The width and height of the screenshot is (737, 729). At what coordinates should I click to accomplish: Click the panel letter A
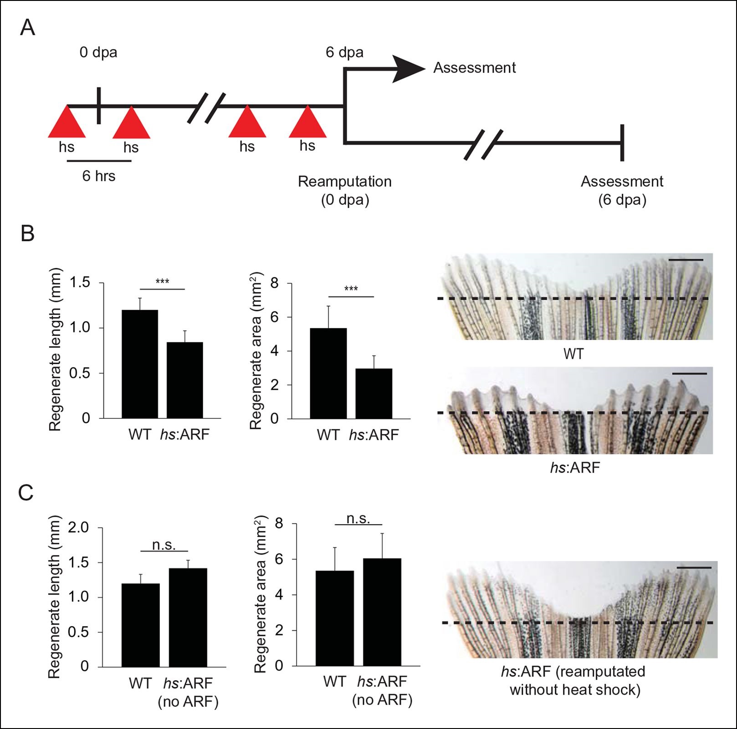click(28, 28)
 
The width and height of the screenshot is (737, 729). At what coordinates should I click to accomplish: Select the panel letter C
click(26, 493)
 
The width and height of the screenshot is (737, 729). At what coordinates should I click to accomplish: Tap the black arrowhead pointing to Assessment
click(408, 69)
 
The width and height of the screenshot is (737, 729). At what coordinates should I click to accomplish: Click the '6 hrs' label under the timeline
click(99, 176)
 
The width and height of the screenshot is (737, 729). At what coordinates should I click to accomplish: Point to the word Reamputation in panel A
click(344, 182)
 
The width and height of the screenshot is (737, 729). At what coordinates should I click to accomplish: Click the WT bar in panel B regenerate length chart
click(139, 364)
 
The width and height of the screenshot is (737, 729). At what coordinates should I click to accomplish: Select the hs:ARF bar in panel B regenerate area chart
click(374, 393)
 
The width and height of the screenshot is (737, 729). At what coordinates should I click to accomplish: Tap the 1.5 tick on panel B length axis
click(80, 283)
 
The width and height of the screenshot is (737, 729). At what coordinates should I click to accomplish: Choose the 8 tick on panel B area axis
click(275, 284)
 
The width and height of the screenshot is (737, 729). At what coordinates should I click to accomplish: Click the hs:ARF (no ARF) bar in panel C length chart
click(188, 617)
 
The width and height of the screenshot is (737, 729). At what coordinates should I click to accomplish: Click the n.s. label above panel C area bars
click(358, 519)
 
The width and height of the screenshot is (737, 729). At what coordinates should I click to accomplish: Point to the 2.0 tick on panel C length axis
click(78, 528)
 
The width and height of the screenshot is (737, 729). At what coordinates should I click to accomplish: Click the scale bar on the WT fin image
click(686, 260)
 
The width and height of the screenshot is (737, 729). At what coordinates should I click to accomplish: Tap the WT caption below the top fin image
click(573, 354)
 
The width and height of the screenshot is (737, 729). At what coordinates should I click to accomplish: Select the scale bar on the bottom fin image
click(694, 568)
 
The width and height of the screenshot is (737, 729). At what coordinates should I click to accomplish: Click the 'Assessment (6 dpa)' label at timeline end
click(622, 190)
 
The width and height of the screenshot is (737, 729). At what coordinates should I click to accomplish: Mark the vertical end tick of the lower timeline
click(622, 143)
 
